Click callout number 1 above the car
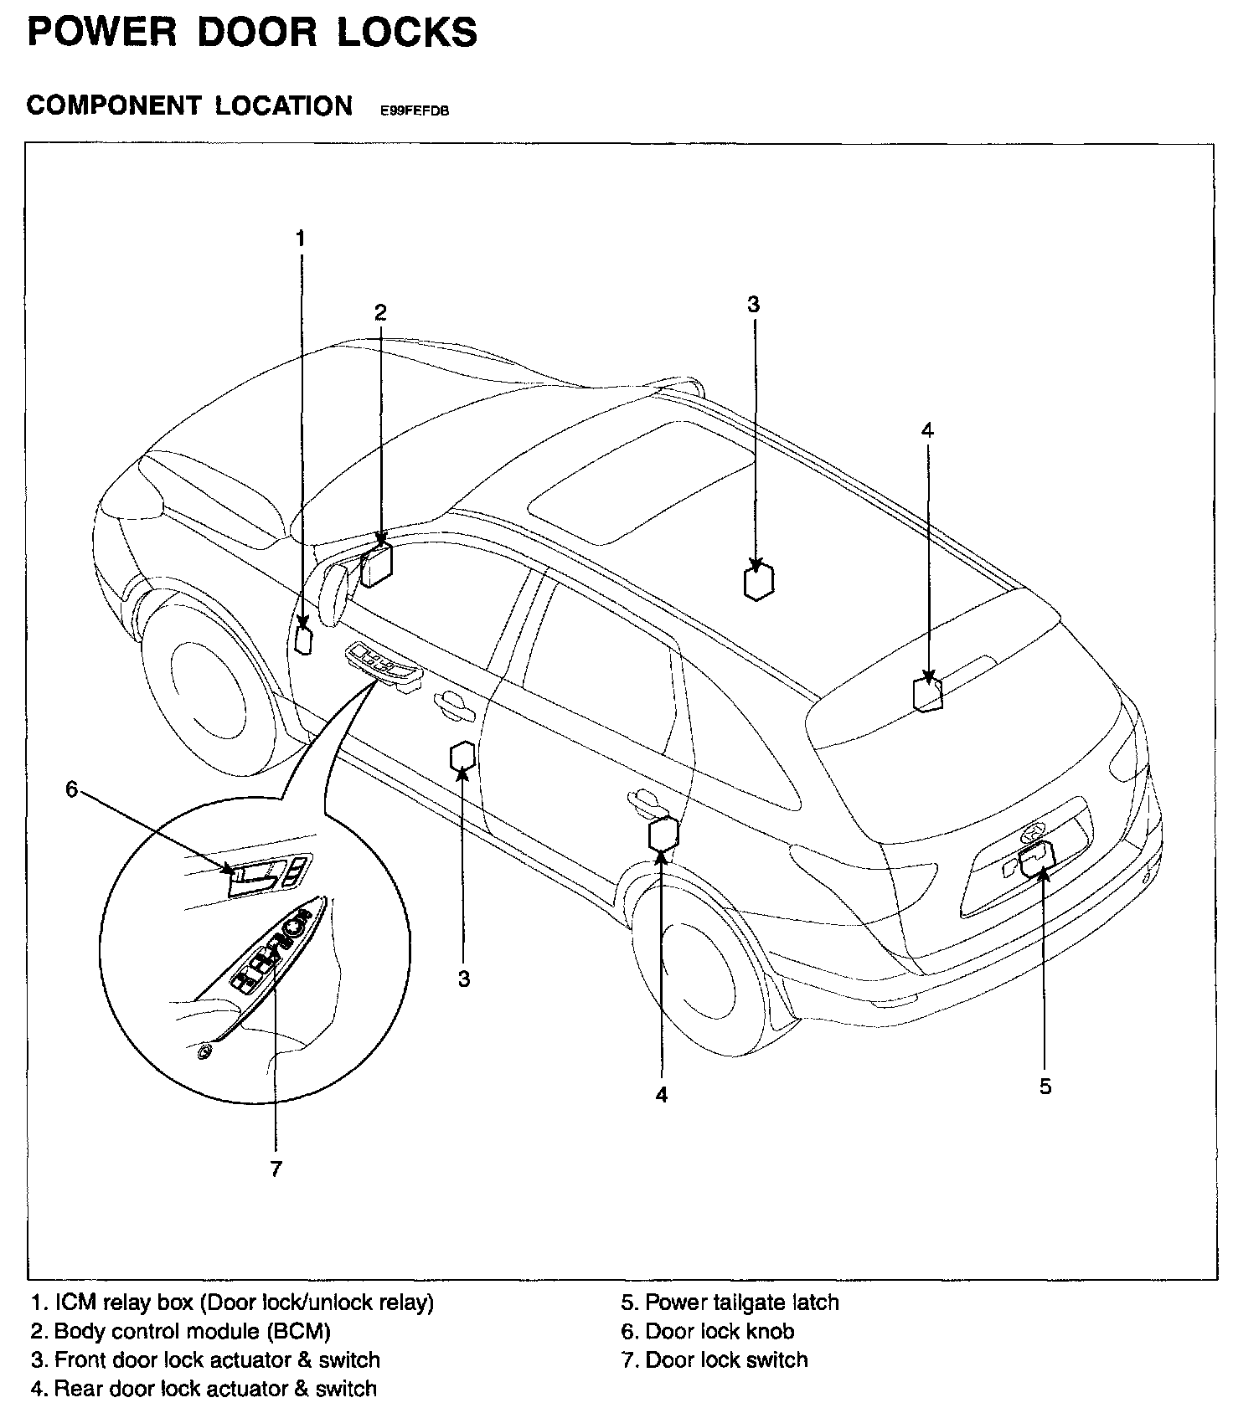point(300,239)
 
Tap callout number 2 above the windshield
point(380,312)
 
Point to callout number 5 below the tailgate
point(1045,1086)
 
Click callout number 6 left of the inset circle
point(71,789)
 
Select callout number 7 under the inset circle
point(276,1169)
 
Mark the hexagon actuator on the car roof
point(758,581)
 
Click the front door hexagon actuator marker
point(463,756)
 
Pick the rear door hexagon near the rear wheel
point(663,834)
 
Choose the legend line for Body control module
point(180,1331)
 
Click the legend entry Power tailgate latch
point(730,1303)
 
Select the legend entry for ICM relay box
point(232,1303)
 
